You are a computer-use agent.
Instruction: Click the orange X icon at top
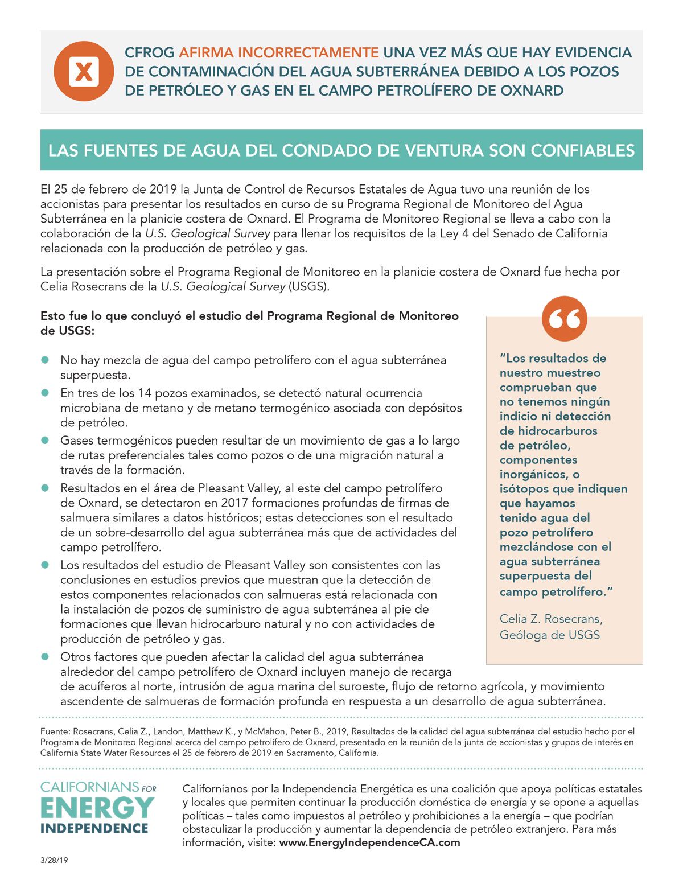point(84,71)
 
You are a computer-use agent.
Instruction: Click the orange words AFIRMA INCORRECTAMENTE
point(279,53)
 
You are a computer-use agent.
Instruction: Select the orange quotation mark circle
point(564,319)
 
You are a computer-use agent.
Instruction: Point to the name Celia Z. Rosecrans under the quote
point(551,619)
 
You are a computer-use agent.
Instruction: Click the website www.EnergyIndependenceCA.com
point(369,842)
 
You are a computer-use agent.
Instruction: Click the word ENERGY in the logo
point(97,808)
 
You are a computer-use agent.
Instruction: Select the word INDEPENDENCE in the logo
point(94,828)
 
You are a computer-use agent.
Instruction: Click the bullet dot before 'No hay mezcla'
point(45,360)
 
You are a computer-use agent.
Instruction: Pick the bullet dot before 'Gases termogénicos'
point(45,440)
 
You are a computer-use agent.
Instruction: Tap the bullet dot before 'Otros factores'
point(45,656)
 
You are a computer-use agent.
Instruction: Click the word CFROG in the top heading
point(149,53)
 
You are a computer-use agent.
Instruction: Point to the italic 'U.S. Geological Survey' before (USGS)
point(223,286)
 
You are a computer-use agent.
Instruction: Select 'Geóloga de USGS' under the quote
point(549,635)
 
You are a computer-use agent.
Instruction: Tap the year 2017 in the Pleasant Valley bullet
point(234,503)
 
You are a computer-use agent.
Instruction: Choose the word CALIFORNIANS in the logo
point(90,787)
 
